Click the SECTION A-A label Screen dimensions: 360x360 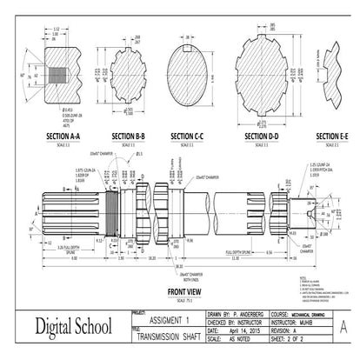[x=59, y=137]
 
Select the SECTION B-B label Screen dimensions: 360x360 [x=129, y=137]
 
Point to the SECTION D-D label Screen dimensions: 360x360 [x=262, y=137]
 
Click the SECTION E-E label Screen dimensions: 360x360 [x=332, y=137]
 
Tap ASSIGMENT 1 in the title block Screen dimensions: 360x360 [x=163, y=320]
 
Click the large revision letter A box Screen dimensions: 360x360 [x=343, y=328]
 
